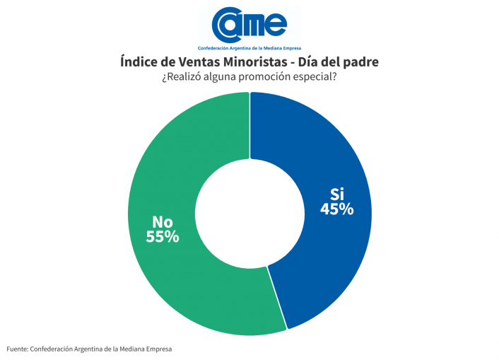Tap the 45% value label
[336, 209]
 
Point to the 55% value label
[162, 237]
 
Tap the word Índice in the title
[140, 62]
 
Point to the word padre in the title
[360, 62]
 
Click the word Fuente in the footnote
[18, 349]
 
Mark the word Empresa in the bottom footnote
[155, 349]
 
